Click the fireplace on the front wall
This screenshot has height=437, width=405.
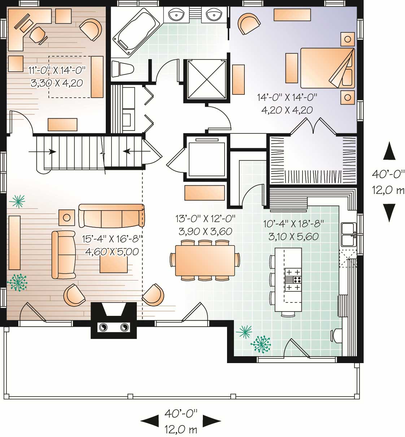point(114,321)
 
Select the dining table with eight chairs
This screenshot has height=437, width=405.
point(205,260)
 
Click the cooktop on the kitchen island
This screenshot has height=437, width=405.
point(293,279)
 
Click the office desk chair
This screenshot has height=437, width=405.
point(38,35)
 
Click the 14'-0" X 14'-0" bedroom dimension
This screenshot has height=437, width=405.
point(287,97)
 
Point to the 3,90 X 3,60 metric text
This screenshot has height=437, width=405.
point(205,231)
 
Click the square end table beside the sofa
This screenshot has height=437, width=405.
point(67,217)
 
